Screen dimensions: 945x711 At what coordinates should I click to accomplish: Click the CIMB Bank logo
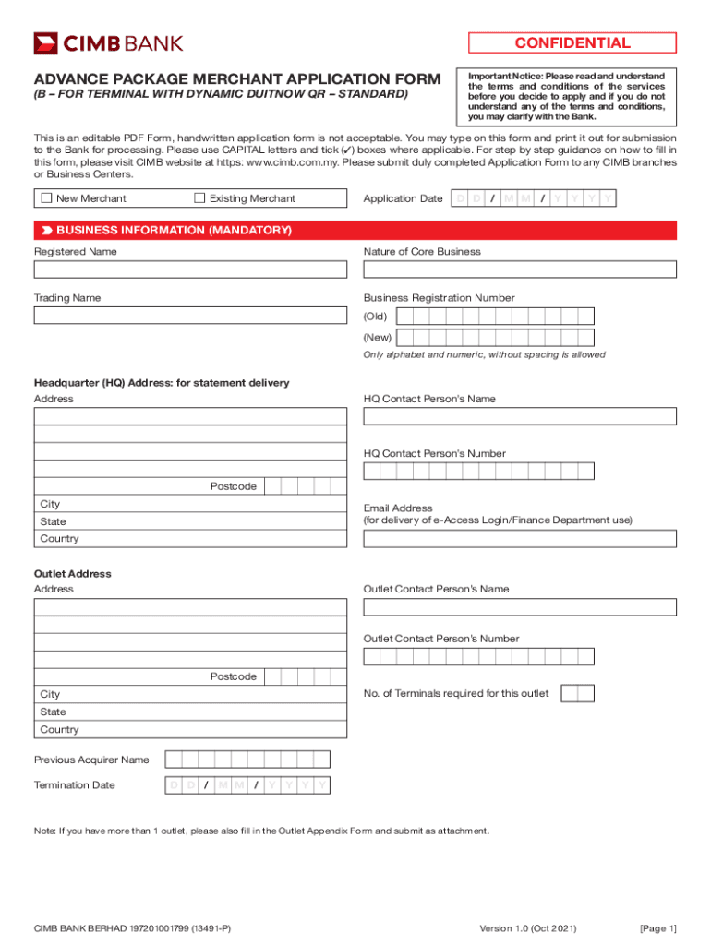point(108,43)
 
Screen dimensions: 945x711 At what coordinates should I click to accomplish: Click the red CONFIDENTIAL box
point(572,43)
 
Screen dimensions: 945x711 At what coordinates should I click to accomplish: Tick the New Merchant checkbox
point(45,198)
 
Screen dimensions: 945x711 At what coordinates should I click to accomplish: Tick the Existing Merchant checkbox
point(199,198)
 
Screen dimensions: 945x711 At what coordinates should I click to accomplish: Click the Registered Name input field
point(190,269)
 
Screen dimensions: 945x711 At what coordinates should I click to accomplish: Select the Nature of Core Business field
point(519,269)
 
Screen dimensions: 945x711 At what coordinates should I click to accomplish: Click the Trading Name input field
point(190,316)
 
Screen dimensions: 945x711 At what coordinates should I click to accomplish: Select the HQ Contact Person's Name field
point(519,416)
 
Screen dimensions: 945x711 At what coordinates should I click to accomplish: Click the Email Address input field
point(519,538)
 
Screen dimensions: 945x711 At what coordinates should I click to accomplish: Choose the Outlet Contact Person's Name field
point(519,607)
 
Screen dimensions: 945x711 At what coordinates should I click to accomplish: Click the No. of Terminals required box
point(577,693)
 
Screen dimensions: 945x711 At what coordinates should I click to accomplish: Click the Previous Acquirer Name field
point(247,760)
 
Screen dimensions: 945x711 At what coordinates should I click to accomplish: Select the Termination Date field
point(247,785)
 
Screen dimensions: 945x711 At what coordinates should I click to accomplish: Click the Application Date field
point(533,198)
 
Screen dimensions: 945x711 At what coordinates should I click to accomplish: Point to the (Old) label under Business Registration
point(375,317)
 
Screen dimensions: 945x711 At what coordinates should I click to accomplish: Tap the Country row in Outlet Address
point(190,729)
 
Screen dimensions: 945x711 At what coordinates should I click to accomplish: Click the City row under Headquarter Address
point(190,504)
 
